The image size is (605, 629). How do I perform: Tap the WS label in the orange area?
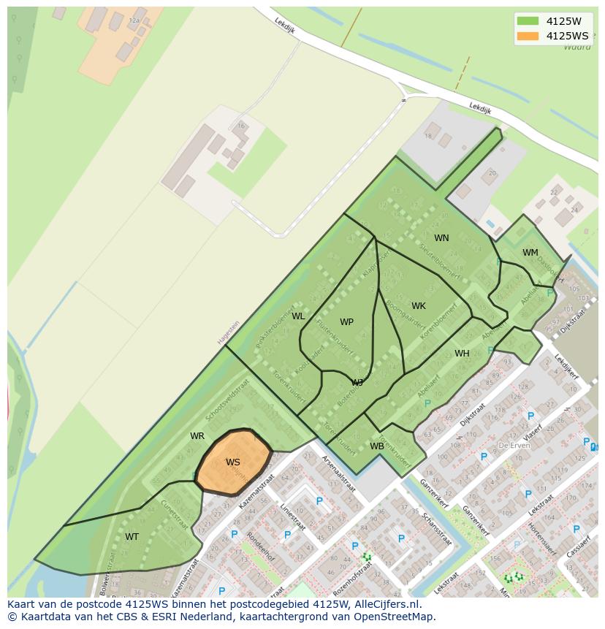click(x=232, y=462)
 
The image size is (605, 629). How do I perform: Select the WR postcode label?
click(x=197, y=436)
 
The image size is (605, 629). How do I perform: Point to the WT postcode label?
click(x=132, y=537)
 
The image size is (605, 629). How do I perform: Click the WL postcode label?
click(x=298, y=316)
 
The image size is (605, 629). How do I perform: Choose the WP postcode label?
click(x=346, y=322)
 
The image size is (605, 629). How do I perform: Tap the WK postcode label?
click(x=418, y=306)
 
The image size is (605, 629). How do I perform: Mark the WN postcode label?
click(x=441, y=238)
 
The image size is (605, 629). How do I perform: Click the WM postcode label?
click(x=530, y=253)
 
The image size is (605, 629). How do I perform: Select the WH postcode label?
click(x=462, y=354)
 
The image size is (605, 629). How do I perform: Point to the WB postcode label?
click(x=376, y=446)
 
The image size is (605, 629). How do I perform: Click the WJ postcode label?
click(x=357, y=383)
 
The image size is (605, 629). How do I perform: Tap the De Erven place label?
click(x=513, y=445)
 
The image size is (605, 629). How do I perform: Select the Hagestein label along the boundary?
click(x=228, y=333)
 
